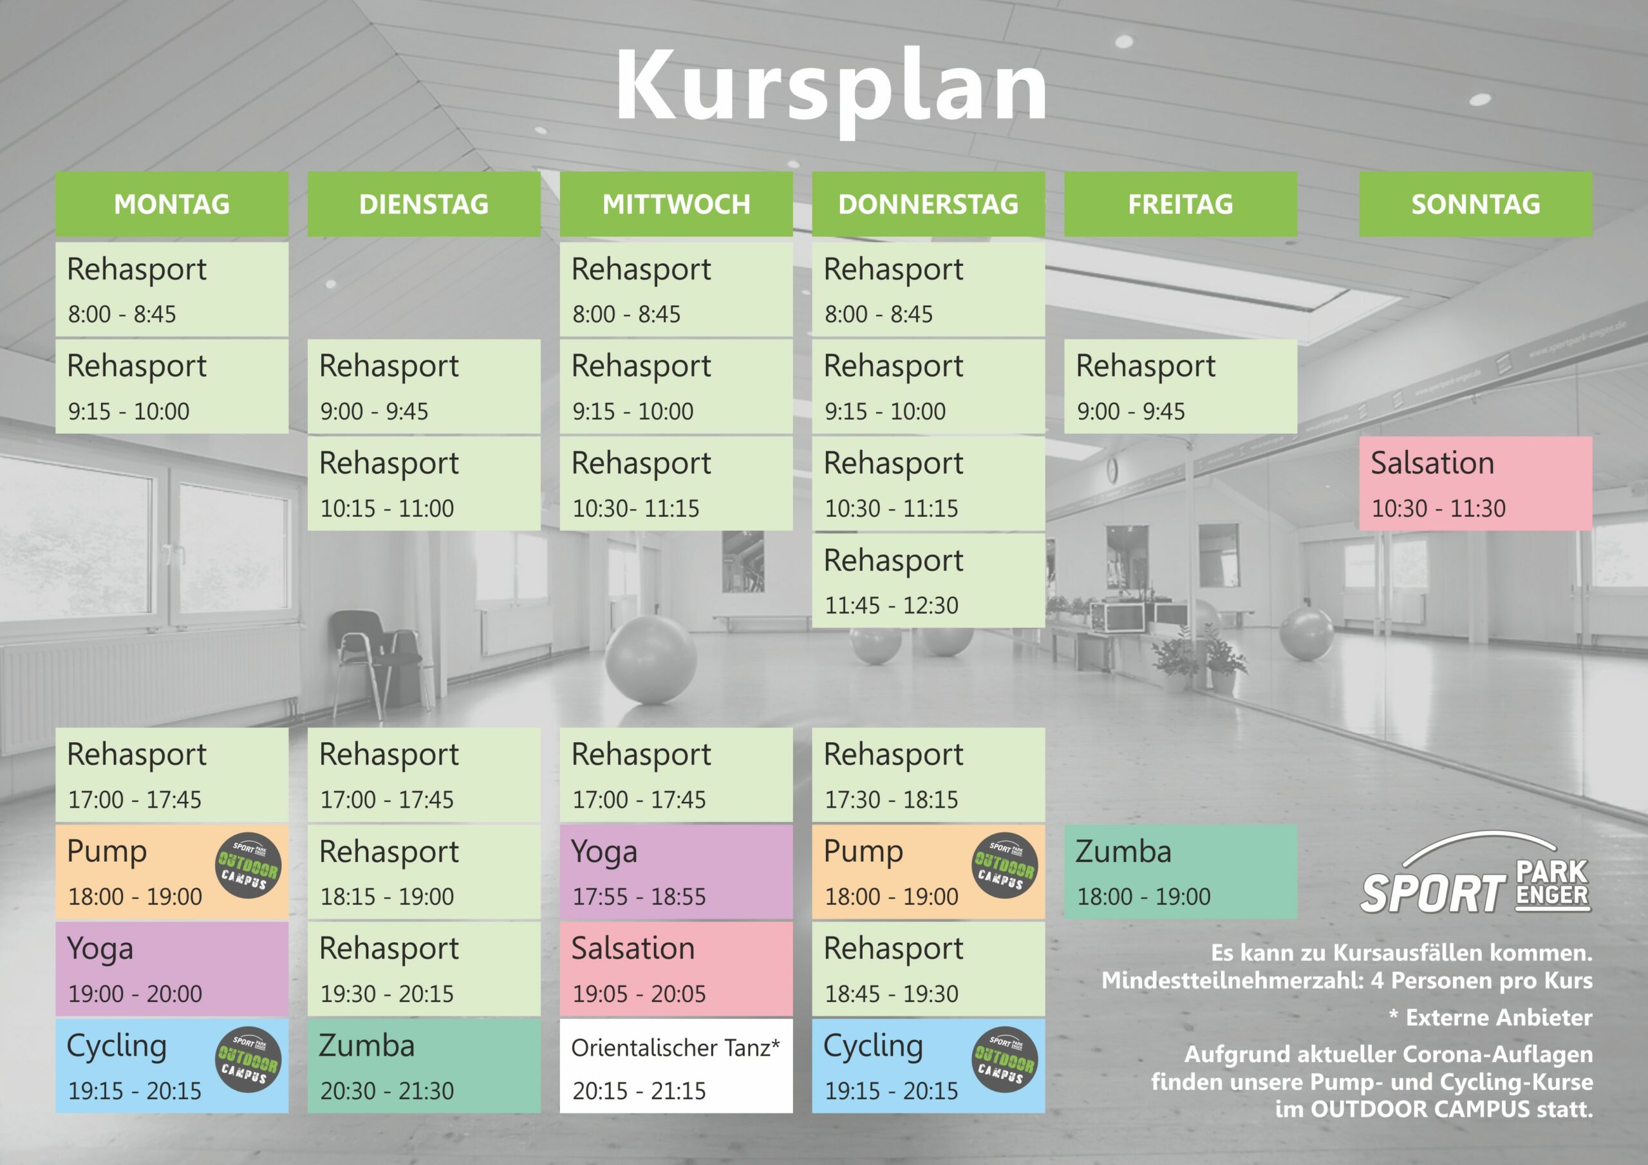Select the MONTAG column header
point(171,204)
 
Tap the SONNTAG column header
point(1475,204)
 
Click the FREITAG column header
point(1180,204)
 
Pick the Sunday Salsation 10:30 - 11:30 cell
point(1475,484)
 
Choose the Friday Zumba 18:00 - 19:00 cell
point(1180,872)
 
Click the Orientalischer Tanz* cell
point(676,1066)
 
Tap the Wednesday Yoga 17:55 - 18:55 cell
point(676,872)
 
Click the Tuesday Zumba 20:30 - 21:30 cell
point(424,1066)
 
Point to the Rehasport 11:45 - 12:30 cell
point(928,581)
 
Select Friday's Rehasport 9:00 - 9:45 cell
point(1180,386)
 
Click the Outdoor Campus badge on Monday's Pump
point(248,866)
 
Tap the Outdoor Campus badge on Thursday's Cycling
point(1004,1059)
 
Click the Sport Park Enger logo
point(1475,873)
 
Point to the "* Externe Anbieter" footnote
point(1490,1017)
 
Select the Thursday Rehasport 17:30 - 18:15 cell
point(928,774)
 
